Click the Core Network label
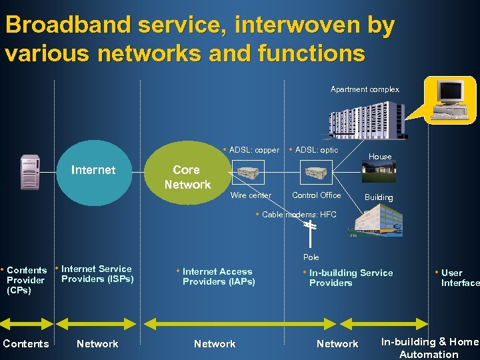click(187, 177)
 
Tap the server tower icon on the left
click(30, 172)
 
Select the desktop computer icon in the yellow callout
click(447, 100)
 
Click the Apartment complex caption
click(365, 89)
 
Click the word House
click(380, 157)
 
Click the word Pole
click(311, 257)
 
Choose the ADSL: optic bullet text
click(314, 150)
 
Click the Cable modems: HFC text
click(297, 215)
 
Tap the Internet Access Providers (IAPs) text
click(217, 277)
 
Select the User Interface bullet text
click(458, 278)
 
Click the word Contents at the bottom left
click(26, 344)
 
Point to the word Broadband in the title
click(66, 25)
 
